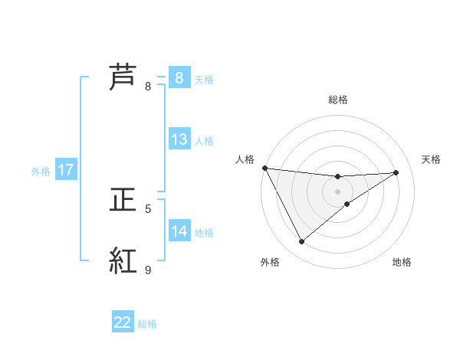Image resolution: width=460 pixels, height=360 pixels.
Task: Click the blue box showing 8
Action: [179, 77]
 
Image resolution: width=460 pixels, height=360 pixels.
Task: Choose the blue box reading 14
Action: [179, 231]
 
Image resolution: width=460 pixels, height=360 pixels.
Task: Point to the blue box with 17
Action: [66, 170]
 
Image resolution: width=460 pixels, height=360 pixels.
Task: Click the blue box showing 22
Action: [123, 322]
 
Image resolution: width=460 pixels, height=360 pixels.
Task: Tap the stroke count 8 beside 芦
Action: [148, 86]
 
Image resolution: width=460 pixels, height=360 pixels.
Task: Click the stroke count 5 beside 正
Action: [148, 208]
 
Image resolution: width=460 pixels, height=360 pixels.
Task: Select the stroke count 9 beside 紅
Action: [148, 270]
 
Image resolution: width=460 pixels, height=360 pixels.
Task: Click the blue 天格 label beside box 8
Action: [204, 79]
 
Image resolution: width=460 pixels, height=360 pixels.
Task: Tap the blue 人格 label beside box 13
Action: [204, 141]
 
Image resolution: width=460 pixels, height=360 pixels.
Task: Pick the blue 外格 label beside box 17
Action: [41, 172]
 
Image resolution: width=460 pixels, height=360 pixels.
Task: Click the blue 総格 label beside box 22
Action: [147, 324]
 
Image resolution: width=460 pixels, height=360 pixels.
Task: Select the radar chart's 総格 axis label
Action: [337, 100]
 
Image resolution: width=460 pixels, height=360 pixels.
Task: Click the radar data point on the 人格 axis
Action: [264, 168]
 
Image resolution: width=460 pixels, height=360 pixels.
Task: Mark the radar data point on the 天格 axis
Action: [396, 172]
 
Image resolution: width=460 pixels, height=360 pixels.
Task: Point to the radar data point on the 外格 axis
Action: [302, 242]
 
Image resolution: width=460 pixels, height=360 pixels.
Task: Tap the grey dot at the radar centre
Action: [337, 191]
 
